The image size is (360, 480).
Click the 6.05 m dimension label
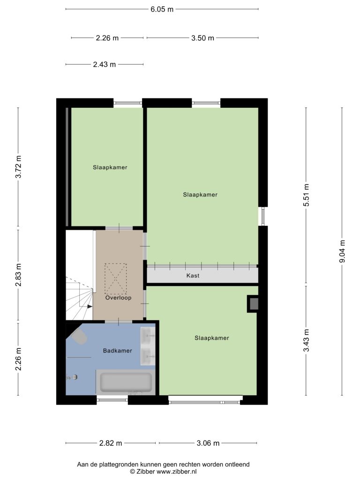(162, 9)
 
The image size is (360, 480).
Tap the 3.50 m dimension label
(202, 38)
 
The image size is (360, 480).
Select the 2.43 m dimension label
(105, 64)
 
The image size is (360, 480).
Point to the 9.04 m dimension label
(342, 251)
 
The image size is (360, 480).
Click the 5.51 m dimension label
(306, 195)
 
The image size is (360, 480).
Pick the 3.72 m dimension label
(18, 166)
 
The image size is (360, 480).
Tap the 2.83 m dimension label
(18, 275)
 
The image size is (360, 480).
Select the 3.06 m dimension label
(208, 443)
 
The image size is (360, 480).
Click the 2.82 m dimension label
(111, 443)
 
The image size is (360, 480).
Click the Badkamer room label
(118, 351)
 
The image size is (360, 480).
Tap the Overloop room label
(118, 298)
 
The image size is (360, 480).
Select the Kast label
(193, 276)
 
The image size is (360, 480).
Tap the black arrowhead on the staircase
(90, 306)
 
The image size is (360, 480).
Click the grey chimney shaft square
(254, 304)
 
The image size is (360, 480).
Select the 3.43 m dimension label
(306, 340)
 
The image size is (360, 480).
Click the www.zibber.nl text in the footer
(177, 472)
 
